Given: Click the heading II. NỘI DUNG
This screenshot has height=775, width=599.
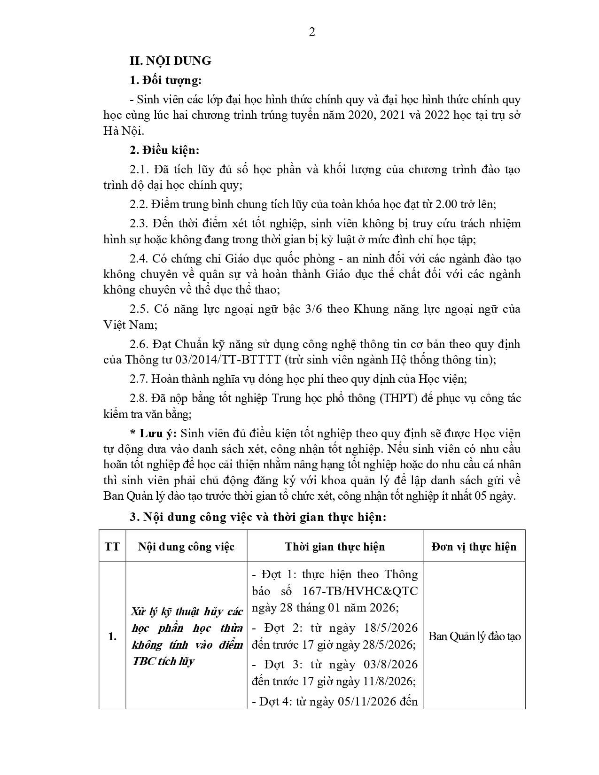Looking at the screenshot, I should click(x=171, y=61).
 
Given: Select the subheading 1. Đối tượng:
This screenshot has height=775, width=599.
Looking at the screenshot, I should click(x=165, y=80).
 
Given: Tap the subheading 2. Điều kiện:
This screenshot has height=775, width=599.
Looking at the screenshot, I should click(x=164, y=150).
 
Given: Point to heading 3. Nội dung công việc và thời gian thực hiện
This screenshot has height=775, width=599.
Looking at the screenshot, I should click(x=258, y=517).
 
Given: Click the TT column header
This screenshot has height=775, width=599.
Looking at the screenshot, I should click(x=112, y=547).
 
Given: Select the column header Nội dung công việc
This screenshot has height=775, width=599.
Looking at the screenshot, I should click(x=186, y=547).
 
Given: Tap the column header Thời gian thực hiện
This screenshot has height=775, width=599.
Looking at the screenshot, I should click(x=335, y=547).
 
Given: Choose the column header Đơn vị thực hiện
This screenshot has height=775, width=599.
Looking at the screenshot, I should click(x=474, y=547).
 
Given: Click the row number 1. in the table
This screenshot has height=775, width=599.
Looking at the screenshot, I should click(x=112, y=637).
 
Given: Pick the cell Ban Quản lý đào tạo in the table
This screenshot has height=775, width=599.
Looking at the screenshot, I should click(x=475, y=636).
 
